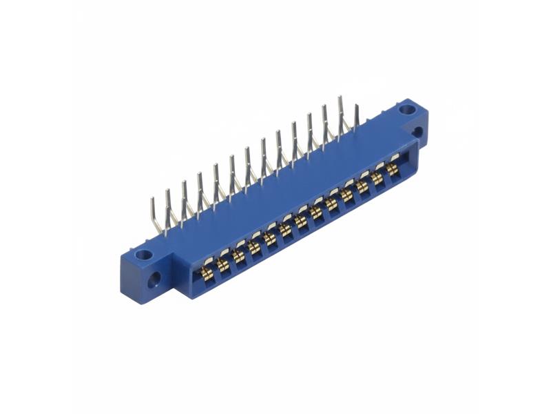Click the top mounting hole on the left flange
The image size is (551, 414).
(144, 255)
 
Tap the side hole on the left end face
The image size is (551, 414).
(154, 279)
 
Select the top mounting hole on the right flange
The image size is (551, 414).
(408, 108)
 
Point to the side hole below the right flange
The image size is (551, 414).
(418, 132)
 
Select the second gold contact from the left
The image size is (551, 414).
(223, 264)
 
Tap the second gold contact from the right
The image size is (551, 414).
(377, 178)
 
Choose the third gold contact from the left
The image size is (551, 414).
(239, 255)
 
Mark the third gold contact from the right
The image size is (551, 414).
(362, 186)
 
